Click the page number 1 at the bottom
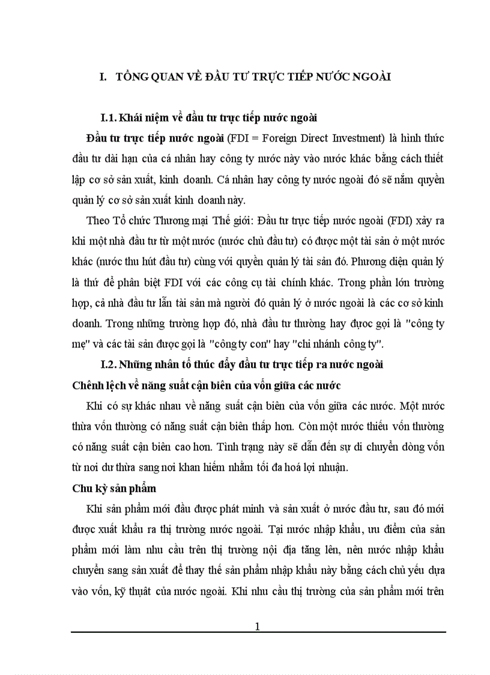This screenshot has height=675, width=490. [x=258, y=626]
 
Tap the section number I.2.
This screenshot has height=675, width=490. [x=109, y=364]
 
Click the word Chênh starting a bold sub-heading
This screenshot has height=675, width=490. [x=89, y=386]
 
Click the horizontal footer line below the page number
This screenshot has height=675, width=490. [x=258, y=632]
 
